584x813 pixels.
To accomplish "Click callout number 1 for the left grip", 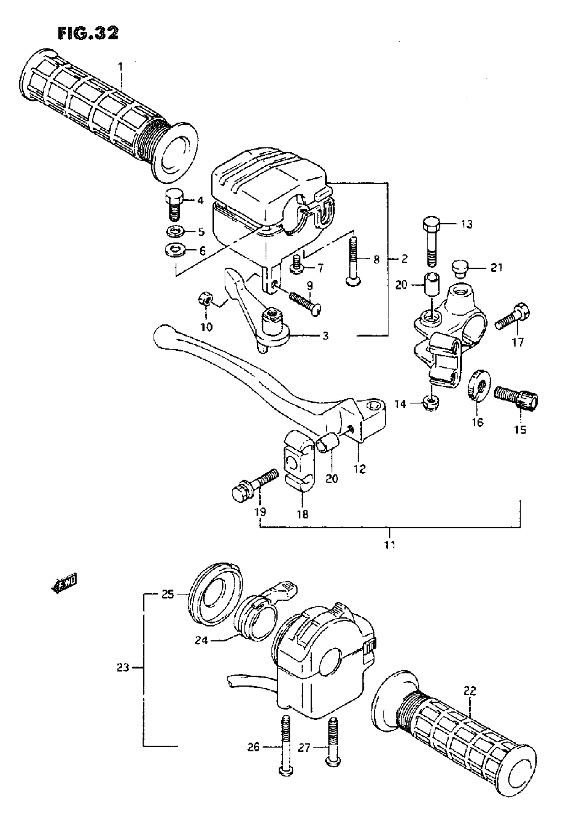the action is [121, 67].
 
